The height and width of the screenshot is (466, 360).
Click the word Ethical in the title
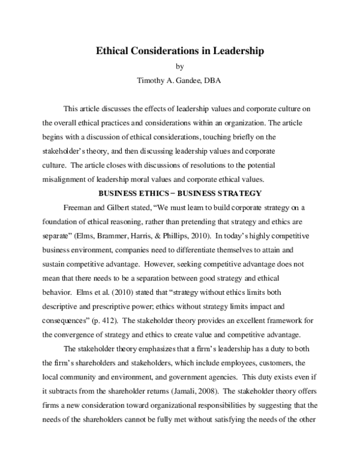[x=114, y=52]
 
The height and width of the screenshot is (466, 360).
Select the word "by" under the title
[x=180, y=67]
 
